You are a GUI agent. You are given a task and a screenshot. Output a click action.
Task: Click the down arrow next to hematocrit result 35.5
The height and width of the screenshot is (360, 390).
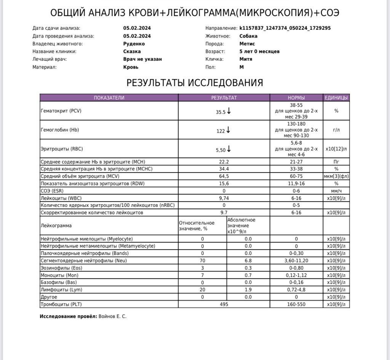coord(229,111)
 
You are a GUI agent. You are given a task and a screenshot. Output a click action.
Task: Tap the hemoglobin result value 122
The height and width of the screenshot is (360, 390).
coord(221,131)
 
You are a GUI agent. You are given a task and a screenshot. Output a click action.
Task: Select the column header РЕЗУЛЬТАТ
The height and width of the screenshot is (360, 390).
coord(224,98)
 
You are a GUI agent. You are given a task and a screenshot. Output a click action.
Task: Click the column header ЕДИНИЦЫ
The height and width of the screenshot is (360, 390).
coord(336,98)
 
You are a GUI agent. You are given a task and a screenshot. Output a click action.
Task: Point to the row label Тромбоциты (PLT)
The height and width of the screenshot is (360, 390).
coord(61,304)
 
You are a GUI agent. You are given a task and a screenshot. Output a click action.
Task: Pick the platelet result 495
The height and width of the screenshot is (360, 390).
coord(224,304)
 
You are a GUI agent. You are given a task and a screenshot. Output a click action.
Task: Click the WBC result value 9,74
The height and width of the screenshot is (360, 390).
coord(224,198)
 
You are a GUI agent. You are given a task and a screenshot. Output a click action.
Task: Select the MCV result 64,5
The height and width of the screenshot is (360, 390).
coord(224,176)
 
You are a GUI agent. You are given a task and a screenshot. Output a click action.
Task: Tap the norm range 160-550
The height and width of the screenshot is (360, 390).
coord(296,304)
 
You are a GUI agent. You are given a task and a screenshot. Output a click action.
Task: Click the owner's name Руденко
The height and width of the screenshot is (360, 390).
coord(134,44)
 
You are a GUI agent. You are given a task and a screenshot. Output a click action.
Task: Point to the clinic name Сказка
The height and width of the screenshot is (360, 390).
coord(132,51)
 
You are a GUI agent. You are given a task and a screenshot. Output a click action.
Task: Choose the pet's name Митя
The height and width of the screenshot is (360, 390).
coord(246,59)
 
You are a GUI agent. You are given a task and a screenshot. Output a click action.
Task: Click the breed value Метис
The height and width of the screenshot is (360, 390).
coord(247,44)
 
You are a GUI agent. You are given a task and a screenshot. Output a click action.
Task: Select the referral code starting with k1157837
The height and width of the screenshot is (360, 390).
coord(285,28)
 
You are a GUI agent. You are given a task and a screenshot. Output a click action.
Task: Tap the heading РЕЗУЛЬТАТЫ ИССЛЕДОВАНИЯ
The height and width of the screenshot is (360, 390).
coord(195,83)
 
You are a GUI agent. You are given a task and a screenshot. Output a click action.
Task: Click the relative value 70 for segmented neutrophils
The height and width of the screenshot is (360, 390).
coord(202,261)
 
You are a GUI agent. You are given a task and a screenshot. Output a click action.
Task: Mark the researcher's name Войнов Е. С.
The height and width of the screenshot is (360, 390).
coord(112,316)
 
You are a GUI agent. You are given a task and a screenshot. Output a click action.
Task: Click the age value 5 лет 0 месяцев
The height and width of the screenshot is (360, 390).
coord(259,51)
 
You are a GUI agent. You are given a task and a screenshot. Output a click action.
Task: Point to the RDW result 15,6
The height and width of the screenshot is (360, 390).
coord(224,183)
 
